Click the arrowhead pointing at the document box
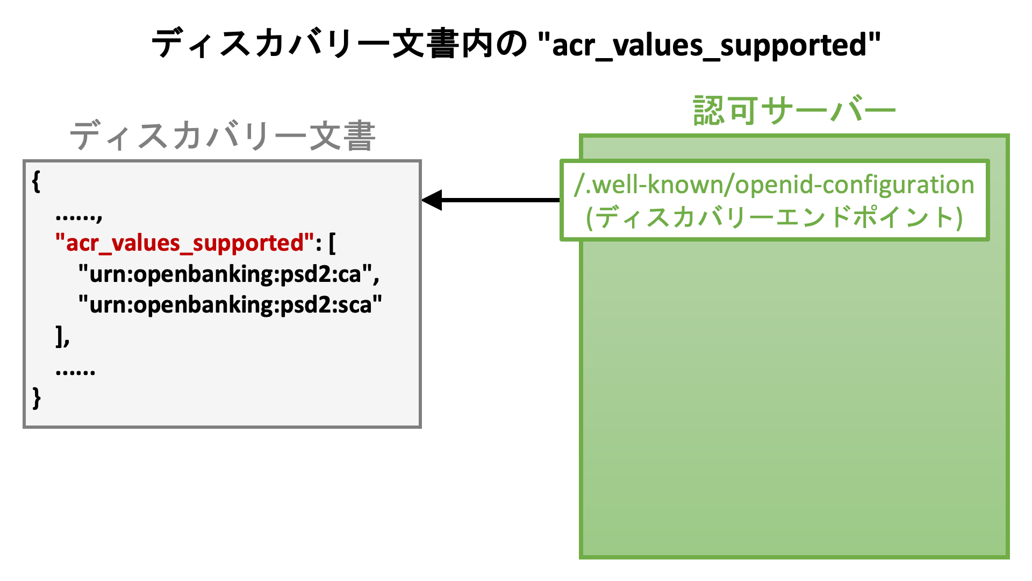click(432, 200)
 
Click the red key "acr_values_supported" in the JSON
click(184, 243)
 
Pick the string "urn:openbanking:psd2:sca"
click(230, 305)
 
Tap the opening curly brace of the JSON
click(36, 181)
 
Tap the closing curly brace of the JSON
click(36, 398)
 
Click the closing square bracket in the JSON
click(59, 336)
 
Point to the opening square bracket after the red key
click(332, 243)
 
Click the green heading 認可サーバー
click(794, 111)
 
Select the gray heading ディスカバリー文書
click(223, 136)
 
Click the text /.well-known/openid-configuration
click(774, 185)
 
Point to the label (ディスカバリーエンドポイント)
click(774, 217)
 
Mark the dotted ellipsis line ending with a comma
click(78, 216)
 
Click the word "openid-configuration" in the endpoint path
click(854, 185)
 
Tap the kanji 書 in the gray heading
click(359, 136)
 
